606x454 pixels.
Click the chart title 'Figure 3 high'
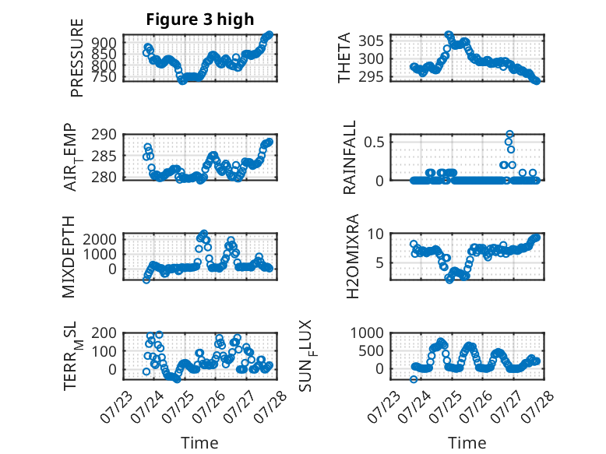pos(200,19)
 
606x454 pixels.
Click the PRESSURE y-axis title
pos(77,58)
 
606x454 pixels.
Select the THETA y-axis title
pos(344,58)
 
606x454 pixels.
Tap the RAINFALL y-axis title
pos(349,157)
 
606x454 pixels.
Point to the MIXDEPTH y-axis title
pos(68,257)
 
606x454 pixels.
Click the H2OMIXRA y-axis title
pos(353,256)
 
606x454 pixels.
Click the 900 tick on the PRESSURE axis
pos(104,43)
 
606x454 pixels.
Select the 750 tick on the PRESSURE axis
pos(104,77)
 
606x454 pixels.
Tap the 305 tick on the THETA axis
pos(371,40)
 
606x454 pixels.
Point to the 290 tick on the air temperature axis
pos(104,135)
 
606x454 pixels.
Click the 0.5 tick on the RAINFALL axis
pos(374,143)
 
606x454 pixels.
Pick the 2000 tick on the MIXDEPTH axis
pos(100,239)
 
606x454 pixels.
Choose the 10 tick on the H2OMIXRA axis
pos(375,234)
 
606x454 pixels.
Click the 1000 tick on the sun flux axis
pos(367,333)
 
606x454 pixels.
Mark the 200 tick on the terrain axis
pos(104,333)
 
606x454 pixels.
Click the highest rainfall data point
pos(509,134)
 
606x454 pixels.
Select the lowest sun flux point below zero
pos(414,379)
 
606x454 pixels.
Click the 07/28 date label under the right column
pos(537,407)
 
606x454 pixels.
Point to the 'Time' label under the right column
pos(467,443)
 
